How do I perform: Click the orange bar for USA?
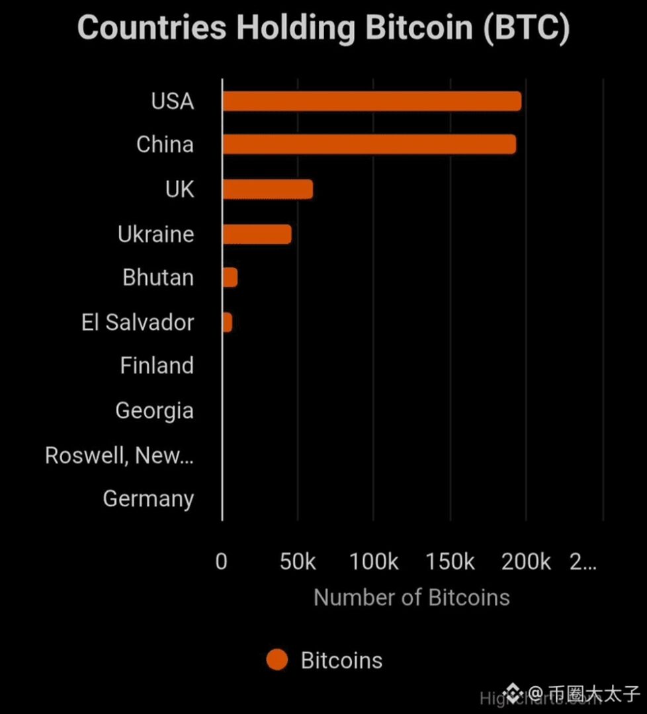371,102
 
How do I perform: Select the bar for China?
368,145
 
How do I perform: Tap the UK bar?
267,190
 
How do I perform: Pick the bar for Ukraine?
257,234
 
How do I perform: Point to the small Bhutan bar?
230,278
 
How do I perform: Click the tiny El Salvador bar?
228,323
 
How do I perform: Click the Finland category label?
157,366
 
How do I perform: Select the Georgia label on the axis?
154,411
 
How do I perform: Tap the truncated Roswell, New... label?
119,456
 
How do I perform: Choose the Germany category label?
148,498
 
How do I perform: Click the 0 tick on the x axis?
222,562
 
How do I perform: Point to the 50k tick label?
298,562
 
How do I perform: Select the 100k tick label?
374,562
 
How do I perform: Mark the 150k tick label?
450,562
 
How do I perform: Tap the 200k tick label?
526,562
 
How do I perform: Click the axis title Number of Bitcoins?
411,598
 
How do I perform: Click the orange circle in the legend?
277,660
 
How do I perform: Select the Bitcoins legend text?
341,660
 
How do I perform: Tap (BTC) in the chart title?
526,29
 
